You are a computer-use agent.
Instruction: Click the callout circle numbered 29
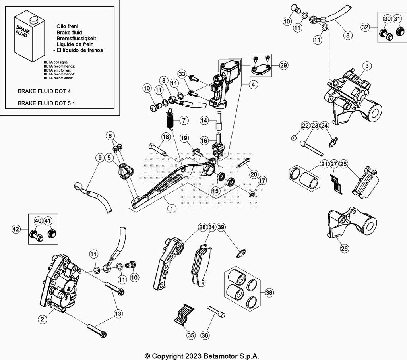(x=283, y=66)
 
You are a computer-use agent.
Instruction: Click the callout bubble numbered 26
(x=344, y=249)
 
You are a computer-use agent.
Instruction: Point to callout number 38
(x=269, y=293)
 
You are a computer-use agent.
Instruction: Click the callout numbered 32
(x=365, y=27)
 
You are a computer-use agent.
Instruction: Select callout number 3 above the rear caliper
(x=367, y=66)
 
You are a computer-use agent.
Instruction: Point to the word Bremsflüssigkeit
(x=76, y=38)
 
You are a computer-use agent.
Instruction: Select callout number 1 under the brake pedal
(x=171, y=208)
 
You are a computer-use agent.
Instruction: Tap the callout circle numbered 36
(x=205, y=335)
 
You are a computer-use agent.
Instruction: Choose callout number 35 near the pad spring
(x=191, y=335)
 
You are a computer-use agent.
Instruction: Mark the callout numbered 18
(x=165, y=137)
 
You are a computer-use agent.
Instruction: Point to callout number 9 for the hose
(x=99, y=158)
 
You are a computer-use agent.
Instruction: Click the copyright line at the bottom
(x=204, y=356)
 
